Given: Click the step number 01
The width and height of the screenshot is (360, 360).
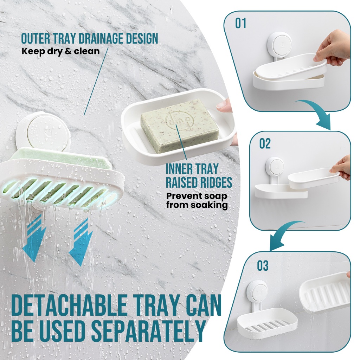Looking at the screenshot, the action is click(240, 24).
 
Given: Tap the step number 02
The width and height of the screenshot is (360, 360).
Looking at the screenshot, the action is click(265, 144).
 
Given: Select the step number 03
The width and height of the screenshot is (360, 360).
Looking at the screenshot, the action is click(263, 266).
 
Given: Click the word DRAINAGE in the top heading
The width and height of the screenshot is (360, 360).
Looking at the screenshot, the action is click(103, 38).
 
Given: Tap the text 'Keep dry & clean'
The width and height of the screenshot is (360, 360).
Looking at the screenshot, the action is click(60, 51).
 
